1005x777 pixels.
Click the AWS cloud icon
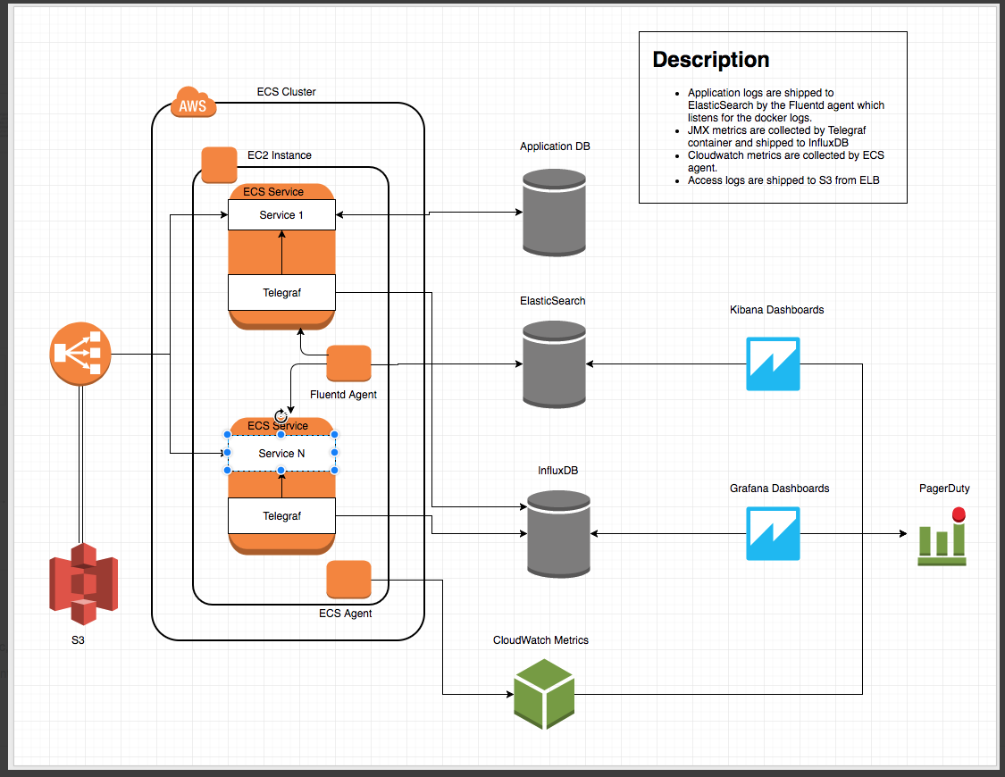tap(192, 104)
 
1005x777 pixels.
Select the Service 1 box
tap(281, 215)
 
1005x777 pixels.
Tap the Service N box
tap(281, 453)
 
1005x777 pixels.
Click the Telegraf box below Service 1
tap(281, 292)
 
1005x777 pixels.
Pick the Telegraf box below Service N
tap(281, 515)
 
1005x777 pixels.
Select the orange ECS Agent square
tap(348, 580)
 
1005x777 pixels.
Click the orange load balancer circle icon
tap(80, 353)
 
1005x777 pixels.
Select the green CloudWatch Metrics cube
tap(544, 694)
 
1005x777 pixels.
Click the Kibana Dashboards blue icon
tap(773, 364)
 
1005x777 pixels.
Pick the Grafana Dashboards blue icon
tap(773, 534)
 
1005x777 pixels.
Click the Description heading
tap(710, 60)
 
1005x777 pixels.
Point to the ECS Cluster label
tap(286, 92)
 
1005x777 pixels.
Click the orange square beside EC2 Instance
tap(219, 165)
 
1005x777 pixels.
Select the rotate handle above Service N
tap(281, 416)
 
